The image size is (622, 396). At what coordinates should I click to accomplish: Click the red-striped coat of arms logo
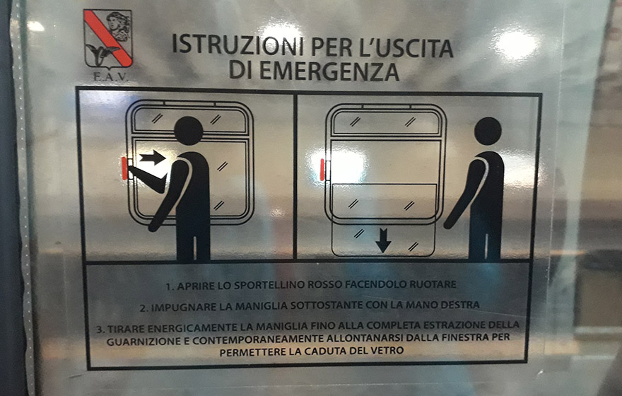(x=107, y=38)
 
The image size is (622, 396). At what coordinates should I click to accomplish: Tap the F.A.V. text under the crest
(x=111, y=76)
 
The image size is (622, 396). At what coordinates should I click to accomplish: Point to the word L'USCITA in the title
(x=409, y=47)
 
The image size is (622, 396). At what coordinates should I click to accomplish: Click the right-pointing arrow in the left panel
(x=153, y=158)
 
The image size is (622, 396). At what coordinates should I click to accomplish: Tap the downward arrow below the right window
(x=383, y=240)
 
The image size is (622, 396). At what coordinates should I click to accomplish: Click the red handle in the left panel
(x=124, y=168)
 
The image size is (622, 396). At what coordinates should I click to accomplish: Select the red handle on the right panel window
(x=322, y=170)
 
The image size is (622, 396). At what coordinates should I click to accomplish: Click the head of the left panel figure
(x=189, y=131)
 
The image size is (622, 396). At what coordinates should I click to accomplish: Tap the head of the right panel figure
(x=488, y=132)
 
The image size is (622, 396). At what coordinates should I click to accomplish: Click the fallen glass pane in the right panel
(x=383, y=239)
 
